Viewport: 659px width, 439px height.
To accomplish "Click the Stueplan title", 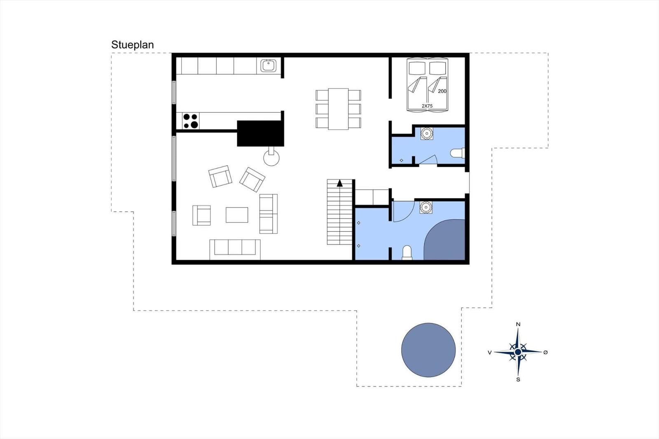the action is click(132, 45).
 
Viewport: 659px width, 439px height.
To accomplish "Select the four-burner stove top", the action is click(191, 121).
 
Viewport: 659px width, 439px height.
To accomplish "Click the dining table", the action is click(338, 109).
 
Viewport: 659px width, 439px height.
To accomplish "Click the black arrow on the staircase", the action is click(340, 183).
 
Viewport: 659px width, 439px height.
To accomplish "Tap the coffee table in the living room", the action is click(237, 215).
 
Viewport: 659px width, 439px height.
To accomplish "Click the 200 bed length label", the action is click(442, 91).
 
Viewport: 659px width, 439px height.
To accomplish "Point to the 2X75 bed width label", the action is click(427, 106).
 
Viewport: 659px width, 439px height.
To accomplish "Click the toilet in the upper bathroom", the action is click(458, 153).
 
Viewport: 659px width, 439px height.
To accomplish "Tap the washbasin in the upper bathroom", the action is click(427, 133).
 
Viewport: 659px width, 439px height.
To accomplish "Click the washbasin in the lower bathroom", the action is click(426, 208).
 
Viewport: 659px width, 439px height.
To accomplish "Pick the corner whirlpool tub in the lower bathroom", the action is click(445, 240).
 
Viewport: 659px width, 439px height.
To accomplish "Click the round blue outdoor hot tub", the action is click(428, 350).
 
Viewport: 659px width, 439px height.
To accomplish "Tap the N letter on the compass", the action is click(518, 324).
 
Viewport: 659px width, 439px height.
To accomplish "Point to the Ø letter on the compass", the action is click(545, 352).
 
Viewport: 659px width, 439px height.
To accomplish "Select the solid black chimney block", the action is click(260, 133).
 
